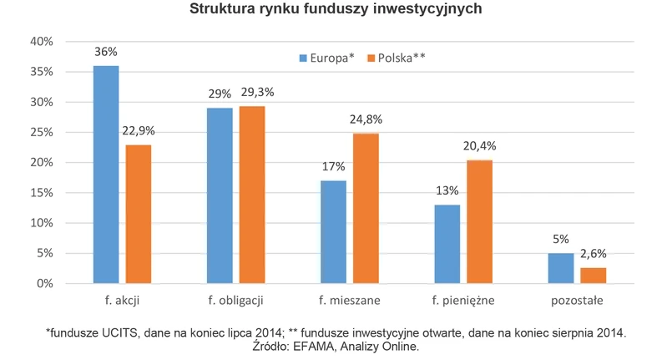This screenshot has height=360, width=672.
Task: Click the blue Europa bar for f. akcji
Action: [106, 175]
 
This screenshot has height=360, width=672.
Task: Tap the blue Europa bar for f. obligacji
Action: [220, 195]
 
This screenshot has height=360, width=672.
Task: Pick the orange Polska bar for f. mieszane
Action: [365, 208]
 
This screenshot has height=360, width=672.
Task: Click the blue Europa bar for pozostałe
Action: [560, 268]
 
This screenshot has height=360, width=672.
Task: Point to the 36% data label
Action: [106, 52]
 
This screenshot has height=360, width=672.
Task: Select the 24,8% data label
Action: [365, 120]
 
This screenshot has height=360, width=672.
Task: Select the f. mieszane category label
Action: [349, 299]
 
